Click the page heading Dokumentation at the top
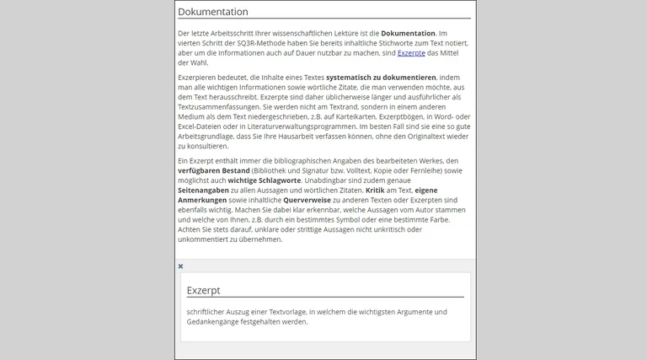click(213, 12)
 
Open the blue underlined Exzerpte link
click(412, 52)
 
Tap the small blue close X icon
click(180, 266)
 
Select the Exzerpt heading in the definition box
click(204, 290)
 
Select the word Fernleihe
click(438, 170)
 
